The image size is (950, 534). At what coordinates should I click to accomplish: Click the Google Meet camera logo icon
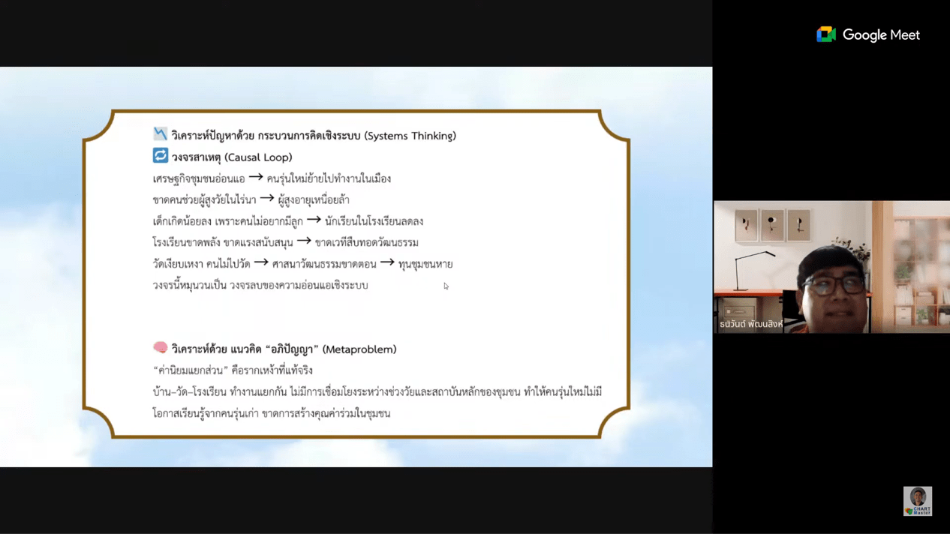(826, 34)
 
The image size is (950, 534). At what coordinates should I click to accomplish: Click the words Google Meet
(881, 34)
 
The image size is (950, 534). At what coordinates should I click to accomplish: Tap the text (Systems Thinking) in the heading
(410, 136)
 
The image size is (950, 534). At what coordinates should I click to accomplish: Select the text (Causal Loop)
(258, 157)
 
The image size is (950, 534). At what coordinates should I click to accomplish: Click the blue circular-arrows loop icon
(161, 155)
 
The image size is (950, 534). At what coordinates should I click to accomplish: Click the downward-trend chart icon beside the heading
(161, 134)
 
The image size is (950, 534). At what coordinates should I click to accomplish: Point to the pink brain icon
(161, 347)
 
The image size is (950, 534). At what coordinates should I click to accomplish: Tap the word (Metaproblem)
(359, 349)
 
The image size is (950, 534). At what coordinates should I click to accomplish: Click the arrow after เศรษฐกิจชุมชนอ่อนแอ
(256, 177)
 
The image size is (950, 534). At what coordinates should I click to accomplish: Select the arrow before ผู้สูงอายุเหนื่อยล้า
(266, 198)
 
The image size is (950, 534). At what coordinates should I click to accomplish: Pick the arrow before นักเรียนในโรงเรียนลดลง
(314, 220)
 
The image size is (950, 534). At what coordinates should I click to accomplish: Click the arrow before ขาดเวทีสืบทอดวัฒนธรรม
(304, 241)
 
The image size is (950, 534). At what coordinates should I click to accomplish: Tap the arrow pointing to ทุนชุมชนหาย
(387, 262)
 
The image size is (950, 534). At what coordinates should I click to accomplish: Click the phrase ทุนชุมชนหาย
(425, 264)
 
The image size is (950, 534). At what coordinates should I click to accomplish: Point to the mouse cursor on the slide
(446, 286)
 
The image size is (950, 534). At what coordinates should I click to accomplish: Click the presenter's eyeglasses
(834, 286)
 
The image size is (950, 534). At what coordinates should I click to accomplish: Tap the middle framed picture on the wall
(772, 225)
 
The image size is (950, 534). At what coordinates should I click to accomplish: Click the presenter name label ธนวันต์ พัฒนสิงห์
(751, 324)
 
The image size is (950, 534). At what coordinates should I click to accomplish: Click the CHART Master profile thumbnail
(918, 501)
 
